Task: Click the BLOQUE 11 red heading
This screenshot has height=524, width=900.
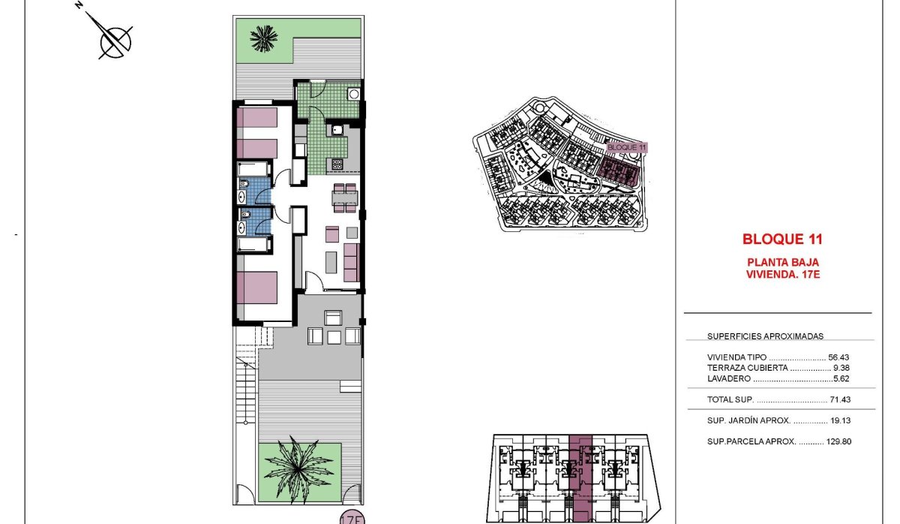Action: click(x=782, y=240)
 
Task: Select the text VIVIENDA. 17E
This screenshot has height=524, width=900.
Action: click(x=782, y=275)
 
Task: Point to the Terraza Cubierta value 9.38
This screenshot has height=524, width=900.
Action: click(x=841, y=368)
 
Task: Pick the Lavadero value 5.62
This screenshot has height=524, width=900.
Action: click(x=841, y=379)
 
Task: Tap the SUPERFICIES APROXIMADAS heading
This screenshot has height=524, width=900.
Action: click(x=765, y=337)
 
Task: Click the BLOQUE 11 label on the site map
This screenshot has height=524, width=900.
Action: click(x=625, y=148)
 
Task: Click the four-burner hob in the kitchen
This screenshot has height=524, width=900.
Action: click(x=337, y=164)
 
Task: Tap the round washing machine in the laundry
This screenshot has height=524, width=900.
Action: click(x=352, y=95)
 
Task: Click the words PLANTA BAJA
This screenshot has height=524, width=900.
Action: click(x=782, y=263)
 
